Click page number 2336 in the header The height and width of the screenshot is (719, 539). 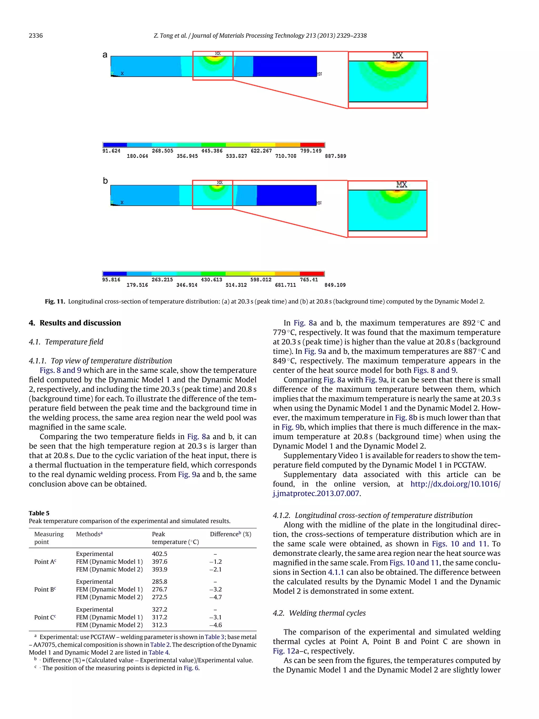36,36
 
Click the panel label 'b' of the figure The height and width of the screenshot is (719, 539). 105,181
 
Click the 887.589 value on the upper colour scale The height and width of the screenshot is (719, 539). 335,156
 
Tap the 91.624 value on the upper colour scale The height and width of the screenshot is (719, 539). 111,151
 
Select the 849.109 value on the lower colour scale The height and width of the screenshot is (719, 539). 335,285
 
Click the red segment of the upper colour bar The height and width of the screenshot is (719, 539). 312,145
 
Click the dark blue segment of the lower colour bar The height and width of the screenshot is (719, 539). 114,274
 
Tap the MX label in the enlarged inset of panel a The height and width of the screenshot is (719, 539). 398,56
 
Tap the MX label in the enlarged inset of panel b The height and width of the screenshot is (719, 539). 402,185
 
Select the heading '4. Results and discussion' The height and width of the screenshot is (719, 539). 75,323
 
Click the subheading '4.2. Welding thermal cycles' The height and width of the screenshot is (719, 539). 319,613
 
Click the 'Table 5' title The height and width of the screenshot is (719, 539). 39,513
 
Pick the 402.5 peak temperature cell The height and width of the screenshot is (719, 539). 159,554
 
